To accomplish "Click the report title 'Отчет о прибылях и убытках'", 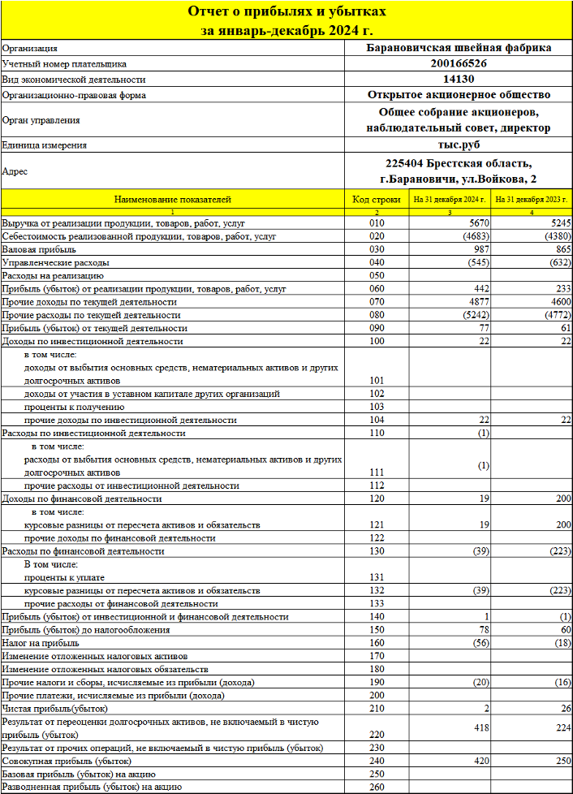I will pos(286,11).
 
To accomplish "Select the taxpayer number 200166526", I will pos(459,63).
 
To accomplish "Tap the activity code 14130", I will pos(459,80).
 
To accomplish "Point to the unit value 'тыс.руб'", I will pos(459,145).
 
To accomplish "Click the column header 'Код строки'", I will pos(376,199).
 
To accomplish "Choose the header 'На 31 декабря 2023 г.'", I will pos(532,199).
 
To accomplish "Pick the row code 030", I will pos(376,249).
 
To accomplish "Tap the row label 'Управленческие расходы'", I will pos(55,262).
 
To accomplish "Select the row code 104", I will pos(376,420).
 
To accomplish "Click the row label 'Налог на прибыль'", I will pos(41,642).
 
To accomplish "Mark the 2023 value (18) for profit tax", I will pos(560,642).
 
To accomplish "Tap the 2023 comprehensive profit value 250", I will pos(562,761).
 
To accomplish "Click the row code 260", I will pos(376,787).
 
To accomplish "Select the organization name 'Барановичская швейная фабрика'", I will pos(459,47).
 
